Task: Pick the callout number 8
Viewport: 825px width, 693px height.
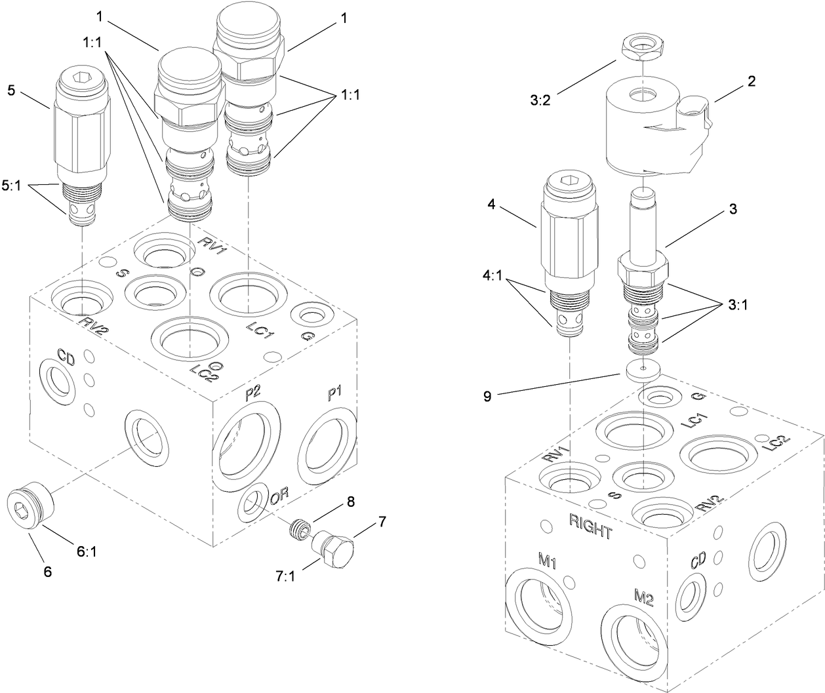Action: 350,502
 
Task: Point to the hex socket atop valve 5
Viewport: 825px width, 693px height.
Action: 81,79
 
